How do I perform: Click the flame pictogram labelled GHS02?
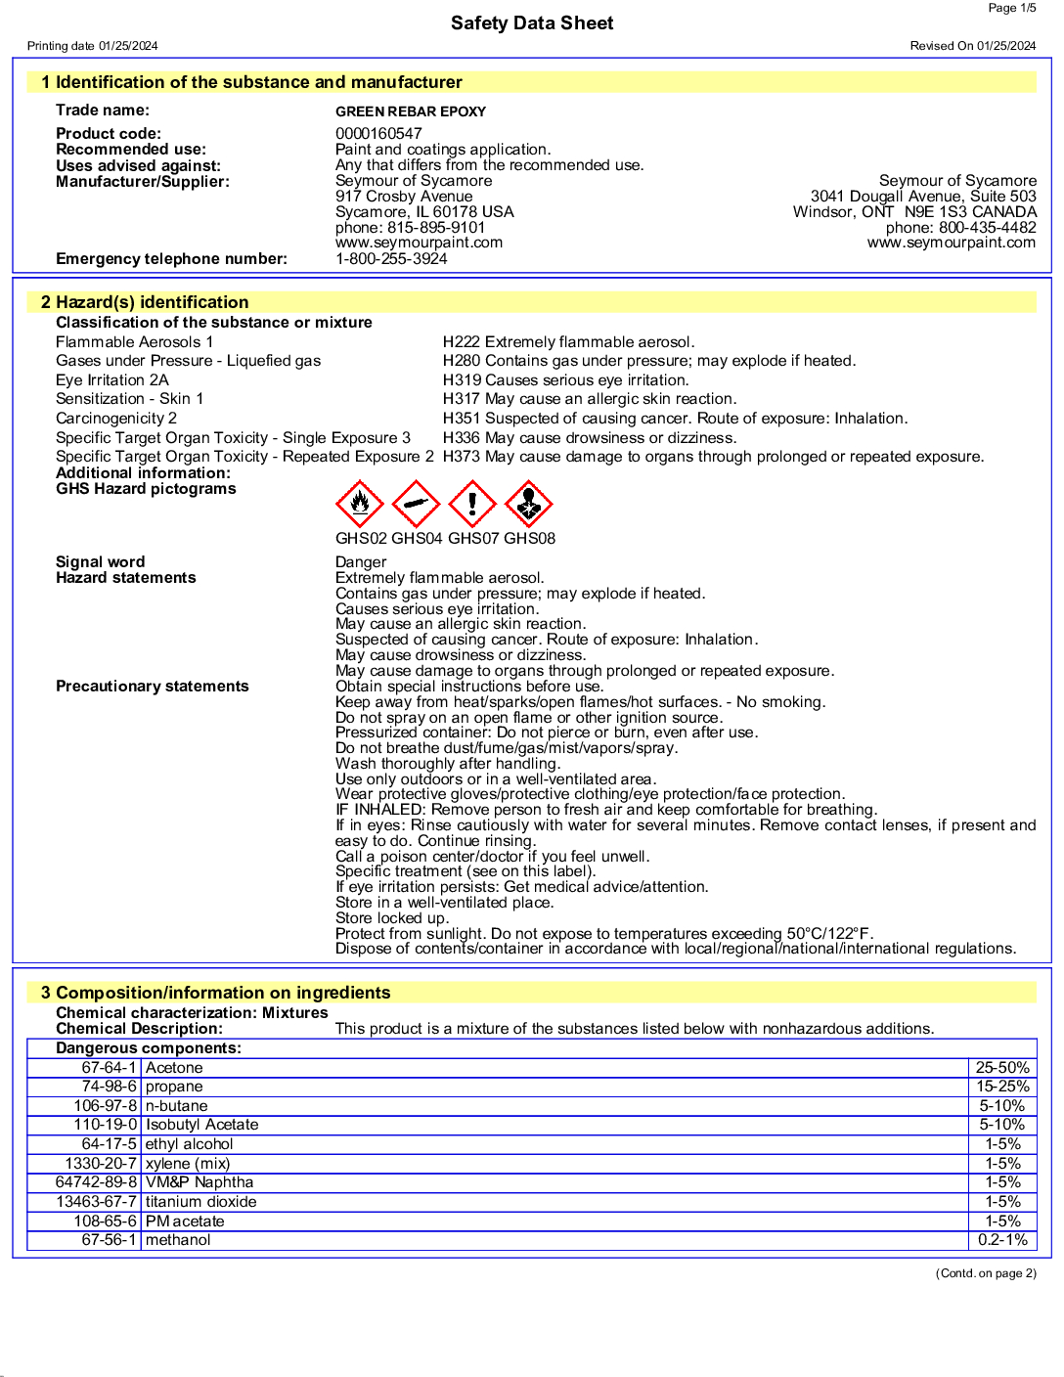(360, 504)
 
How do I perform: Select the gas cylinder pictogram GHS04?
(416, 504)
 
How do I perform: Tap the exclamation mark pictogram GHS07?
(472, 504)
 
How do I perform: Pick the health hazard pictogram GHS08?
(529, 504)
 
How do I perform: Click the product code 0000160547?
(378, 134)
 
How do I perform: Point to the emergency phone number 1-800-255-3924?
(391, 259)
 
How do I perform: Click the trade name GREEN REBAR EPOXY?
(411, 111)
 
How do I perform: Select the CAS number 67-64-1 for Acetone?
(109, 1068)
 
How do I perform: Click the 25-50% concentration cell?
(1002, 1068)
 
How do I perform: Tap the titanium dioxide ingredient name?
(201, 1202)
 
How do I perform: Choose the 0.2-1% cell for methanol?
(1002, 1240)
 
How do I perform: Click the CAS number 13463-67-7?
(96, 1202)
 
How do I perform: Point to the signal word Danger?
(361, 562)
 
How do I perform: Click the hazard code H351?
(462, 419)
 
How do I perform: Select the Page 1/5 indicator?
(1011, 8)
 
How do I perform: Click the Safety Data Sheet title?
(532, 23)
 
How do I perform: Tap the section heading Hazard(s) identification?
(152, 302)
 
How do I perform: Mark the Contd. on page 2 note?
(986, 1273)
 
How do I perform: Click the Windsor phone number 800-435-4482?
(987, 228)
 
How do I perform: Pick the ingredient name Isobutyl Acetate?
(202, 1125)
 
